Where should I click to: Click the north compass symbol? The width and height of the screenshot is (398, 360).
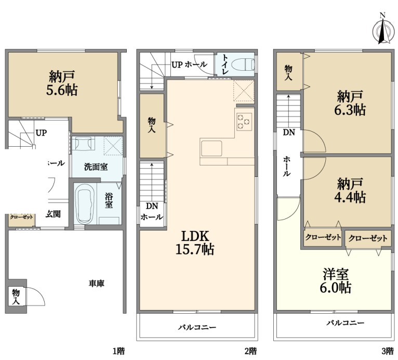[382, 30]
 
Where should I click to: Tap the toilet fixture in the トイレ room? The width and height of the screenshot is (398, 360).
[246, 64]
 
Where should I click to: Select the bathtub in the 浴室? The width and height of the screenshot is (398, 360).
[85, 204]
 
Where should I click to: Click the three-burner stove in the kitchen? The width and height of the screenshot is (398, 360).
[244, 122]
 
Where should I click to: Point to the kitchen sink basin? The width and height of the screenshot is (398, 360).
[211, 148]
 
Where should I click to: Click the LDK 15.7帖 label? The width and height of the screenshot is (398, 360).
[195, 243]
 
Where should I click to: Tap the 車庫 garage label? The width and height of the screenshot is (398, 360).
[97, 284]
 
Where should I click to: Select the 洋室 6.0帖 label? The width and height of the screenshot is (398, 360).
[336, 281]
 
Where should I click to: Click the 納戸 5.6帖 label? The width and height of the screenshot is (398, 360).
[62, 83]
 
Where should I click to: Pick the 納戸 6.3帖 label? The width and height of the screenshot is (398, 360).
[350, 103]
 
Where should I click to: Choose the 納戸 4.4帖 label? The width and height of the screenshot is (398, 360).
[350, 190]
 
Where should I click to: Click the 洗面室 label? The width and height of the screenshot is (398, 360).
[96, 167]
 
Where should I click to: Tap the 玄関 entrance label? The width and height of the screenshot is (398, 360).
[53, 214]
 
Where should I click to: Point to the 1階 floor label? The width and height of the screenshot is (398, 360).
[118, 351]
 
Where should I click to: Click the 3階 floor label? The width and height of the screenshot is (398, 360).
[388, 351]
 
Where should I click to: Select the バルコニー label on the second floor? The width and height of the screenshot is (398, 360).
[197, 327]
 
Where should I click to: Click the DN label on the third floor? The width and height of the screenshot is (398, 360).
[288, 132]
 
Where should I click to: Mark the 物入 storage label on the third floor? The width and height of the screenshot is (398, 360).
[288, 73]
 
